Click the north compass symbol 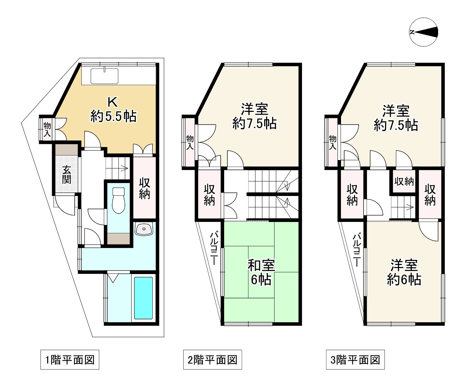point(423,32)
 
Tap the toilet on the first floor point(118,200)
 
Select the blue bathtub point(143,298)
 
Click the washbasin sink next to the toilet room point(144,229)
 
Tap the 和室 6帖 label point(261,272)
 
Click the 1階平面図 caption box point(70,360)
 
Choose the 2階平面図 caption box point(213,360)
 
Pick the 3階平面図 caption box point(355,360)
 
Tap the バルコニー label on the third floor point(356,250)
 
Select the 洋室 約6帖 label point(404,272)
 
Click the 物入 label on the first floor point(47,129)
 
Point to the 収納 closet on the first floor point(145,188)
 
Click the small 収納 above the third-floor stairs point(404,181)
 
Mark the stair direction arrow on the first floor point(124,168)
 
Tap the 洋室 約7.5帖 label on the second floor point(254,116)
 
